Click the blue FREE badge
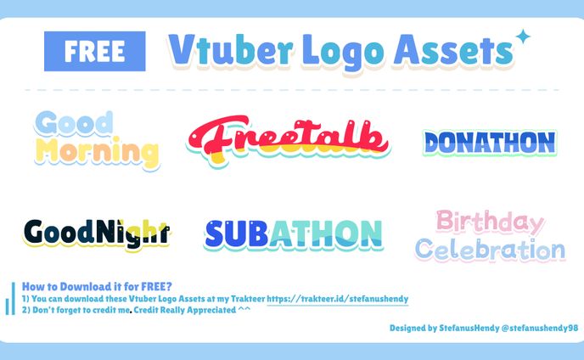(x=95, y=52)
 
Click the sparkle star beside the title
(x=523, y=37)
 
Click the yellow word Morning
(x=98, y=153)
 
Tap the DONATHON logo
(x=490, y=143)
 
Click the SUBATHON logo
(x=293, y=233)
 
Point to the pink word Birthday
(x=489, y=223)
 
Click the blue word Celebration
(x=490, y=250)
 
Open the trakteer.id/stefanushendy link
(x=338, y=299)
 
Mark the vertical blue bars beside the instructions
(x=12, y=301)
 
